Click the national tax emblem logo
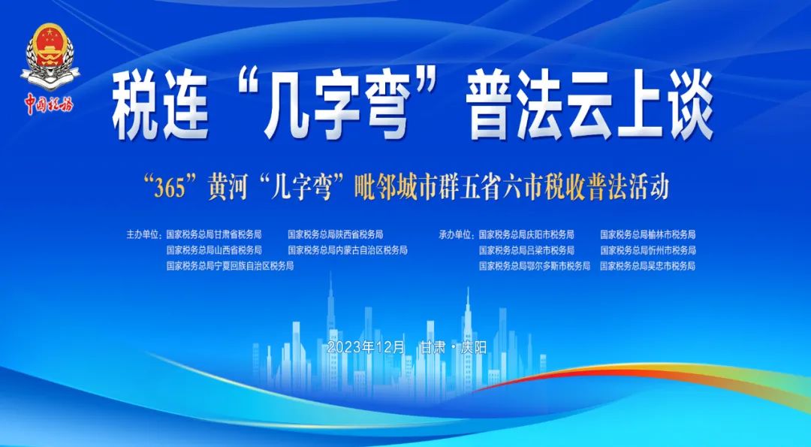tap(50, 56)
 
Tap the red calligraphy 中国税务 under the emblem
tap(49, 104)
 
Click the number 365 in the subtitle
tap(170, 189)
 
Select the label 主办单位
tap(143, 235)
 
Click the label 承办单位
tap(456, 235)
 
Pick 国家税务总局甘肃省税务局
tap(213, 235)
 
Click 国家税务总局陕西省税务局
tap(335, 235)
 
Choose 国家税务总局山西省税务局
tap(213, 250)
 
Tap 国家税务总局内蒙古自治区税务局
tap(348, 250)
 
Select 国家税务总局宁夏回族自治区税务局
tap(230, 267)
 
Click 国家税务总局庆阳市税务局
tap(526, 235)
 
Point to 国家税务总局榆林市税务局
tap(647, 235)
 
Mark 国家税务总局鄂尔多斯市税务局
tap(535, 267)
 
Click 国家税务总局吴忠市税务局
tap(647, 267)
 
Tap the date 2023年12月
tap(366, 348)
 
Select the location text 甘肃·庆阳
tap(454, 348)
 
